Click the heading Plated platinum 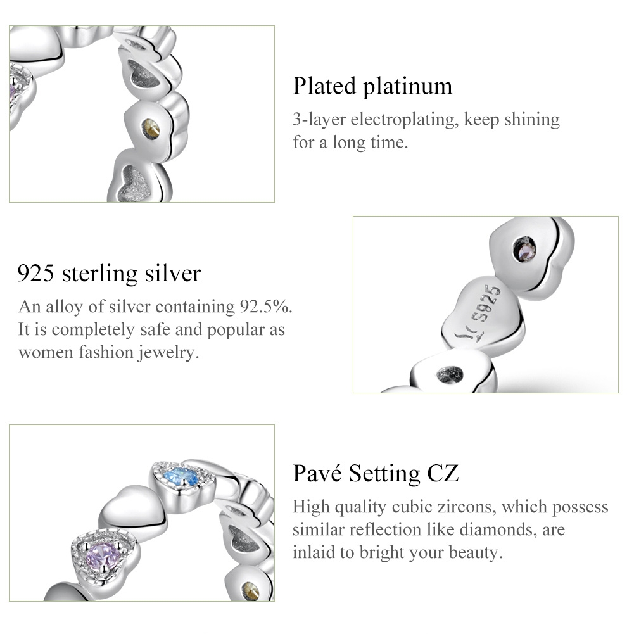click(x=372, y=86)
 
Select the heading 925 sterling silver click(x=109, y=274)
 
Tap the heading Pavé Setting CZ click(x=376, y=474)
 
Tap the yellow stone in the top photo click(x=150, y=129)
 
